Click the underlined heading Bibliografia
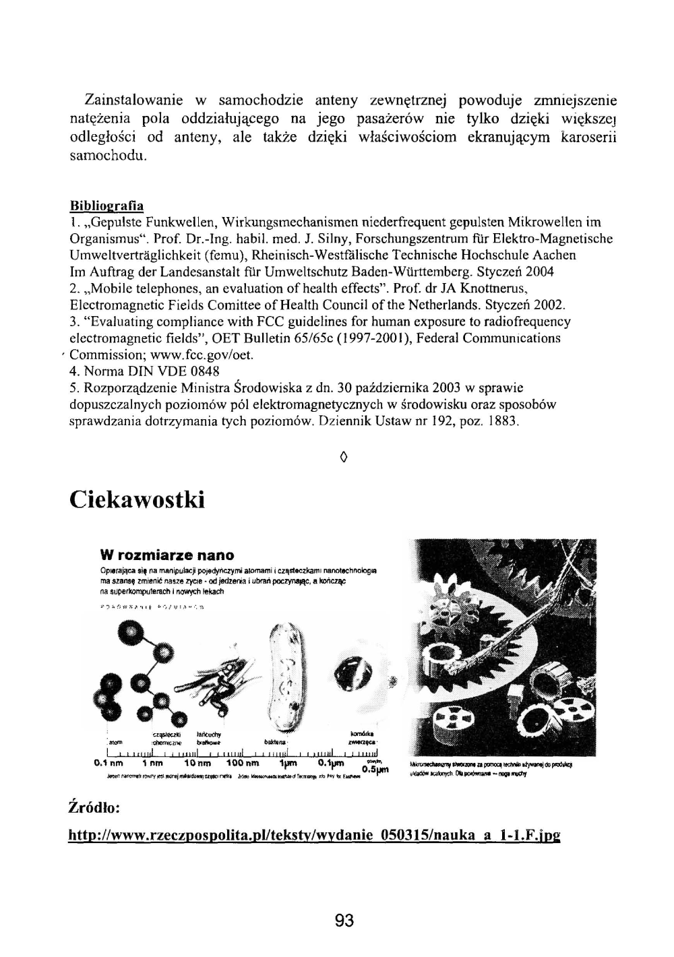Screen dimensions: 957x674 [x=106, y=205]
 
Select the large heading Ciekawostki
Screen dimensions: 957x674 [x=136, y=499]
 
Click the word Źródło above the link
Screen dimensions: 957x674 [x=95, y=807]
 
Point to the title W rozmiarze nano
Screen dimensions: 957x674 [x=166, y=555]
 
